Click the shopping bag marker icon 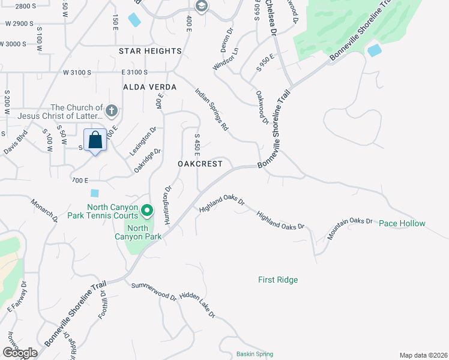coord(95,140)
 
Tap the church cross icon coord(111,110)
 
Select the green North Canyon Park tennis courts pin coord(147,211)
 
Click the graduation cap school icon coord(201,7)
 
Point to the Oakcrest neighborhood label coord(200,164)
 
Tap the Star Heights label coord(150,52)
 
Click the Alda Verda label coord(150,87)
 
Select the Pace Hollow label coord(402,223)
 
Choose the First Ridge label coord(278,280)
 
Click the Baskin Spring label coord(255,354)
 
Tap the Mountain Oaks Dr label coord(350,229)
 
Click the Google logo coord(20,353)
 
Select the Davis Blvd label coord(15,145)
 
